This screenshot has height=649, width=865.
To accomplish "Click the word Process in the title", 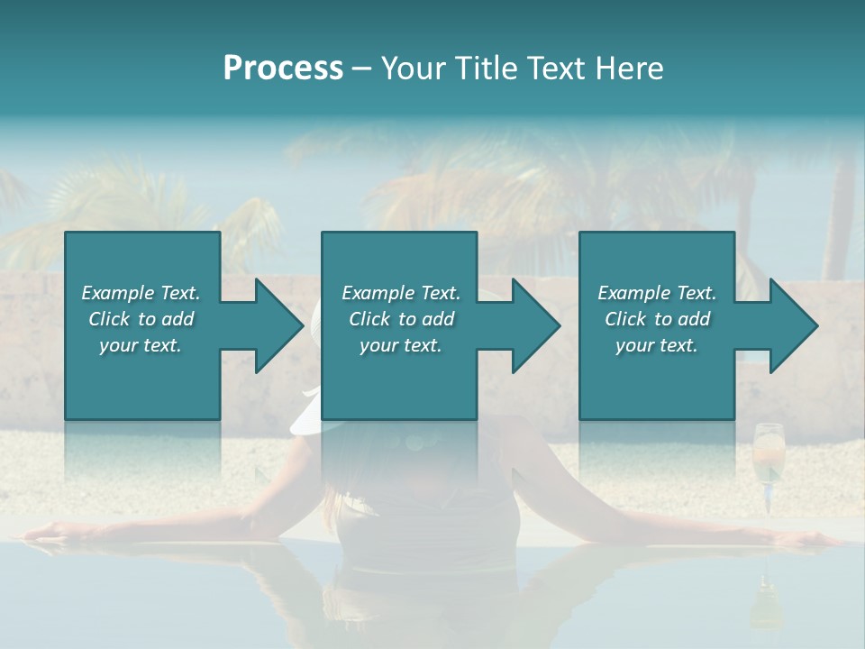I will (283, 69).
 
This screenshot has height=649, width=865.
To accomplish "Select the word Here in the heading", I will (630, 69).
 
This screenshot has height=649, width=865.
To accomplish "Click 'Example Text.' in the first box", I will (141, 293).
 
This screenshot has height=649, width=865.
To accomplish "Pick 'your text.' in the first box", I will (141, 345).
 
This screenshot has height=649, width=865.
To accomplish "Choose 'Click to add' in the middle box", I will (401, 319).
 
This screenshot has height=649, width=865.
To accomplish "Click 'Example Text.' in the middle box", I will (401, 293).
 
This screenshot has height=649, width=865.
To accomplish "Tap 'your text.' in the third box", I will (657, 345).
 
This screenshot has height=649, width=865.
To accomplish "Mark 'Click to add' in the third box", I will (657, 319).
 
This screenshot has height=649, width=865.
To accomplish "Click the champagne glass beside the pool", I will (769, 460).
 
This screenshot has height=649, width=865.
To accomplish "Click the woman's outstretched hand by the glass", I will (815, 539).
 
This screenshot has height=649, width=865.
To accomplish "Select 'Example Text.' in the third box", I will (657, 293).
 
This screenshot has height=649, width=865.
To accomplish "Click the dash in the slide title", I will (362, 69).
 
